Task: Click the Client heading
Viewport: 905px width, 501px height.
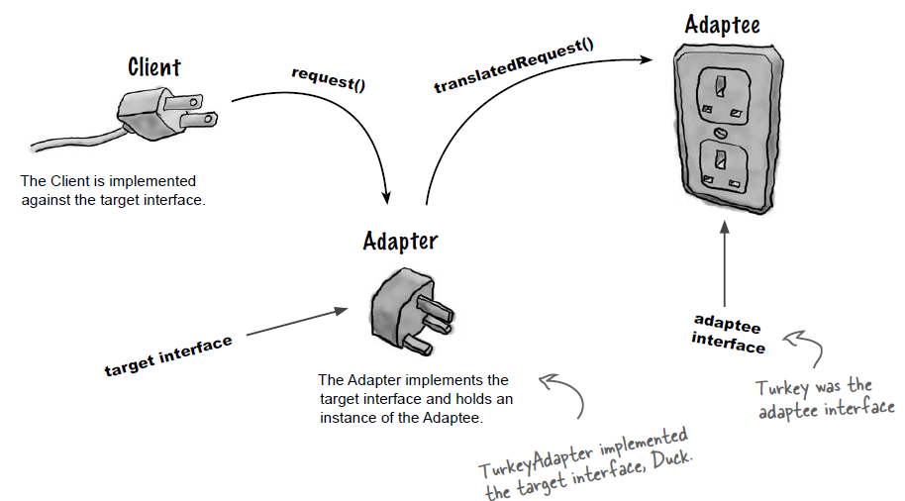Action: (154, 67)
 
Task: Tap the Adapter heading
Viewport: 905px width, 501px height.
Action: (400, 241)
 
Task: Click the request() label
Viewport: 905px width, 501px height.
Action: (328, 78)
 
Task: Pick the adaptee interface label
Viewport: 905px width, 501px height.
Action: (728, 334)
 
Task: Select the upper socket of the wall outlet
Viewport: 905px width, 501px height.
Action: (721, 91)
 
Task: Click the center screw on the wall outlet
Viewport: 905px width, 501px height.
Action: (722, 130)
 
